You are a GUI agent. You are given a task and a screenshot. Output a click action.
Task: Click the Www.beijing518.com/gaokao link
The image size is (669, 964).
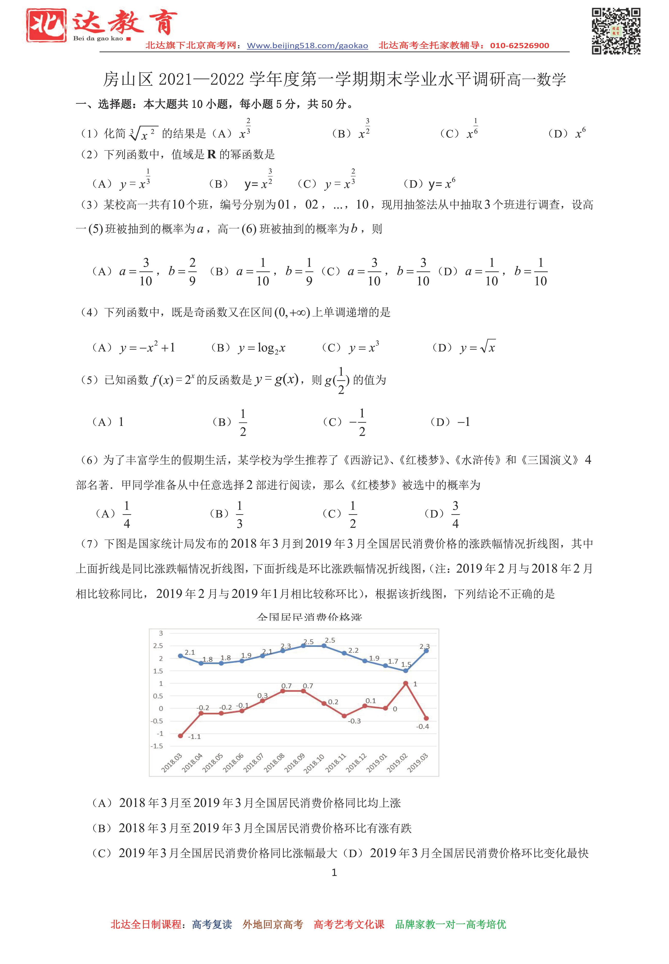307,46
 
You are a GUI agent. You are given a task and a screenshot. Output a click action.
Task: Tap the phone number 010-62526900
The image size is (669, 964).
519,46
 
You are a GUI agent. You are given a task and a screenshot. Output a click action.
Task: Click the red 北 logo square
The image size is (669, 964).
46,25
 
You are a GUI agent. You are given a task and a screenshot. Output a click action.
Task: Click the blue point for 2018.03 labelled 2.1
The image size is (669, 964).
181,656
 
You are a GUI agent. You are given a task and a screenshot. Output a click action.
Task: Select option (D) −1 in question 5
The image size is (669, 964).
464,422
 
